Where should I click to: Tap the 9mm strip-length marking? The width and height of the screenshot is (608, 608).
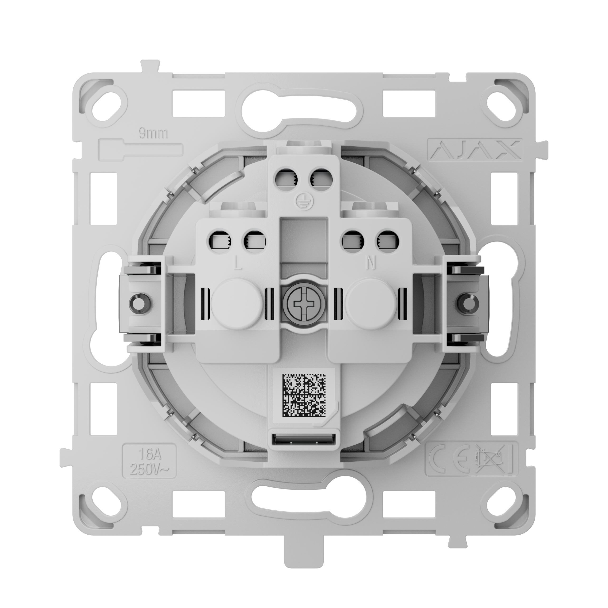point(154,134)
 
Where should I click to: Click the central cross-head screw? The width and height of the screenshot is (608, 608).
point(304,303)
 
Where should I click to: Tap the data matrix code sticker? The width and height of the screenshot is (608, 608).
point(304,395)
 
